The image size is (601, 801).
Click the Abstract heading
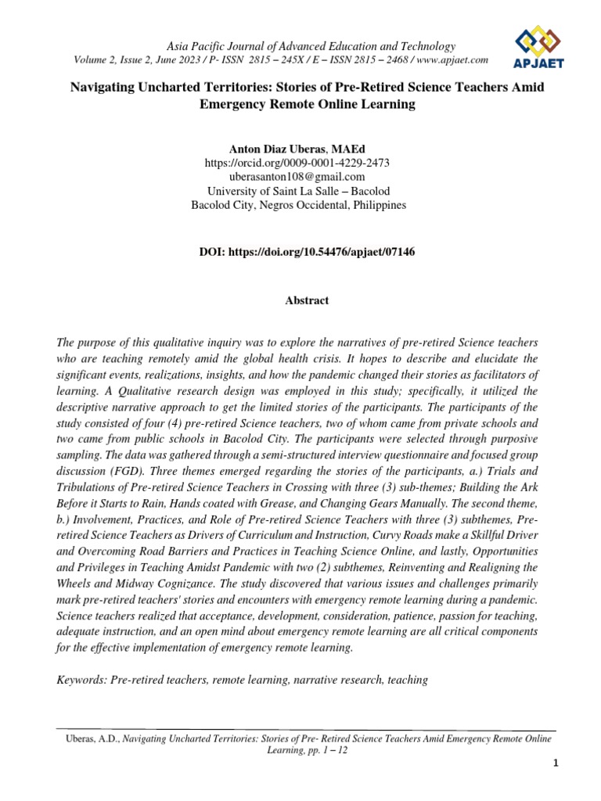click(300, 300)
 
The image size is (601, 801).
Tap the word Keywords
click(82, 680)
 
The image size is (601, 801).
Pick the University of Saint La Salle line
click(300, 191)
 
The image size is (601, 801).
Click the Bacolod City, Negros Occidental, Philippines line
click(300, 205)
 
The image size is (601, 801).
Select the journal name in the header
click(300, 46)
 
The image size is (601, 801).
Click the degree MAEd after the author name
click(349, 149)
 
